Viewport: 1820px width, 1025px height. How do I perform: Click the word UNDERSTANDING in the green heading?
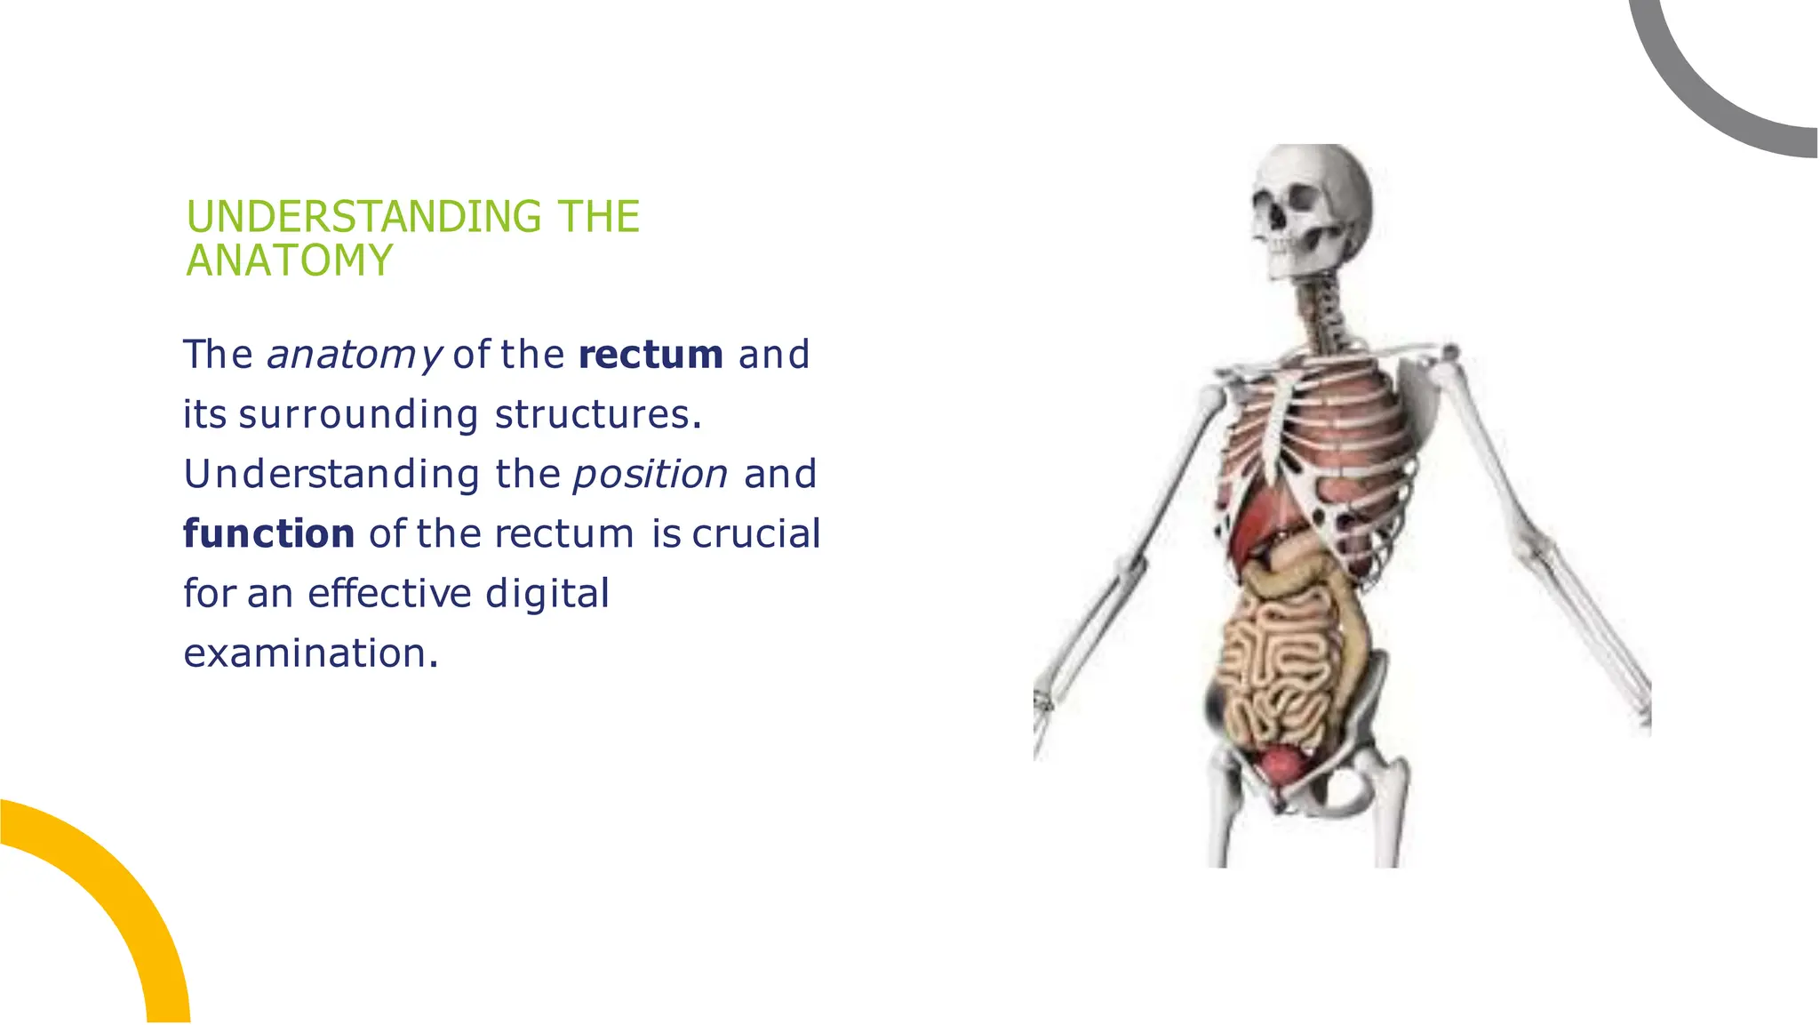pos(363,217)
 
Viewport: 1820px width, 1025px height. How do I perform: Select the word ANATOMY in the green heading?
pos(289,261)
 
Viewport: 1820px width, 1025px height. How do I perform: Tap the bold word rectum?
pos(651,355)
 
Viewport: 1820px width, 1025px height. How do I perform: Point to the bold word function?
pos(268,534)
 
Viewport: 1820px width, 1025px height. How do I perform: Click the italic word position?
pos(651,475)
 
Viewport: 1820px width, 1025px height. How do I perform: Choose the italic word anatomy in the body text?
pos(354,356)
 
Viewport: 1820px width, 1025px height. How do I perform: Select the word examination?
pos(310,653)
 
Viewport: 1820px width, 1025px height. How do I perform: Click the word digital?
pos(547,593)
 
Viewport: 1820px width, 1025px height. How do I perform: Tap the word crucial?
pos(756,534)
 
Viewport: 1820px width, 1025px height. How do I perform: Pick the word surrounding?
pos(358,415)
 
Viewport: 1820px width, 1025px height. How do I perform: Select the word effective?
pos(389,593)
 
